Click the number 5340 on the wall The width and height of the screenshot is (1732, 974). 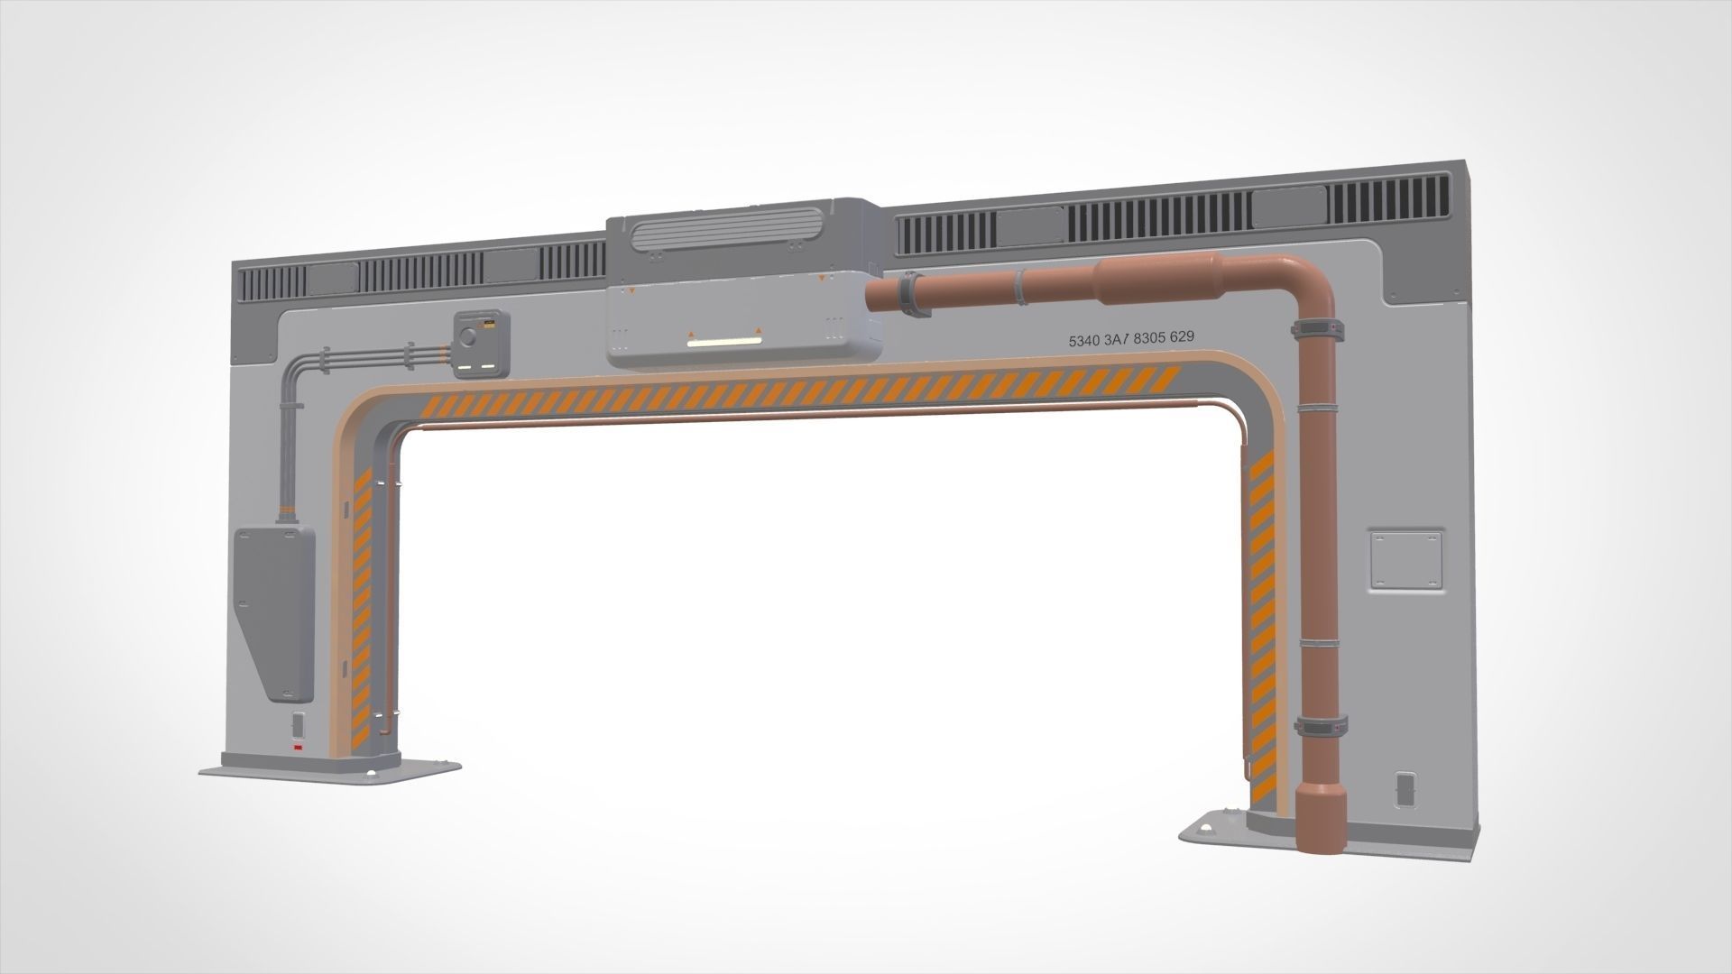pyautogui.click(x=1083, y=341)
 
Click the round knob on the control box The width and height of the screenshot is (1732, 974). pyautogui.click(x=467, y=337)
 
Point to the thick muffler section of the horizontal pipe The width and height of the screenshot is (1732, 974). pyautogui.click(x=1156, y=278)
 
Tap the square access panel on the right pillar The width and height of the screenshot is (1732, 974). pyautogui.click(x=1405, y=560)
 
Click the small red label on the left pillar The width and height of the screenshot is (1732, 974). pyautogui.click(x=295, y=748)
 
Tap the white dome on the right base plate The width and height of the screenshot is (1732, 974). pyautogui.click(x=1207, y=828)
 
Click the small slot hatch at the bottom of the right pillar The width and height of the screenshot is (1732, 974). pyautogui.click(x=1405, y=788)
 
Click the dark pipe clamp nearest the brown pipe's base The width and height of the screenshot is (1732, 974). pyautogui.click(x=1321, y=725)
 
